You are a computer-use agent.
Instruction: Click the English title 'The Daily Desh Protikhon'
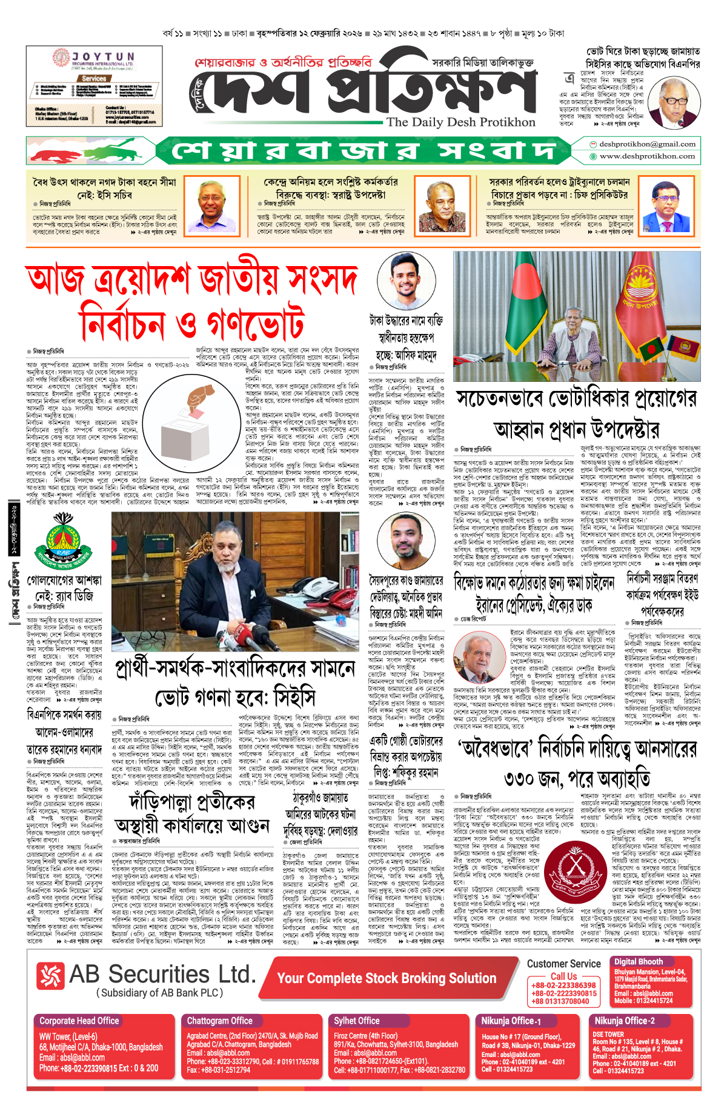coord(461,122)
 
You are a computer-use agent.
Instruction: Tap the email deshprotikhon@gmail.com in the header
coord(647,144)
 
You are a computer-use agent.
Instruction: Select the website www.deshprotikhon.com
coord(647,156)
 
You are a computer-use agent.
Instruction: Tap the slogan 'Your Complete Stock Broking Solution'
coord(387,978)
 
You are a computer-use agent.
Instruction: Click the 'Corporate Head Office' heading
coord(79,1021)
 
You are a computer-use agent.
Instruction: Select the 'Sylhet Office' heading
coord(357,1021)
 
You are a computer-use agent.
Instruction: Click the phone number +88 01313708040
coord(560,1001)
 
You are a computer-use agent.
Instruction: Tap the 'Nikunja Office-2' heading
coord(625,1021)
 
